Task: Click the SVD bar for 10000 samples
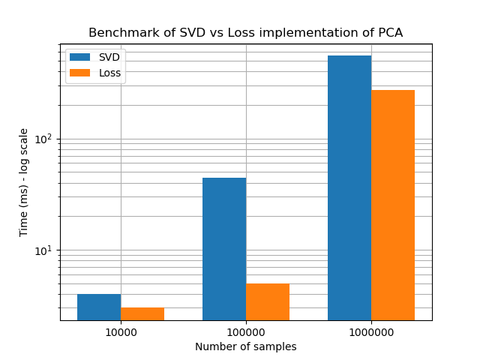click(99, 307)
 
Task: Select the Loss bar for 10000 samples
click(142, 313)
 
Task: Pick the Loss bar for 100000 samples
click(268, 301)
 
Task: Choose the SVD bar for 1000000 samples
click(349, 187)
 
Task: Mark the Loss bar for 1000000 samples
click(393, 205)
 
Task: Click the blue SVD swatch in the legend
click(79, 57)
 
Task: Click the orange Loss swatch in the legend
click(79, 73)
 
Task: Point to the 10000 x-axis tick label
click(121, 332)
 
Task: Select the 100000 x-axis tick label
click(246, 332)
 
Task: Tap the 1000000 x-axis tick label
click(371, 332)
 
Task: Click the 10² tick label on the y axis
click(43, 139)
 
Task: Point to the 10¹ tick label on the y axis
click(43, 250)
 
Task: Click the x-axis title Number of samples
click(246, 346)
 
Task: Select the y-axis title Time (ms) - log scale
click(24, 182)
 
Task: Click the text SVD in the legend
click(109, 57)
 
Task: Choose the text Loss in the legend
click(110, 73)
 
